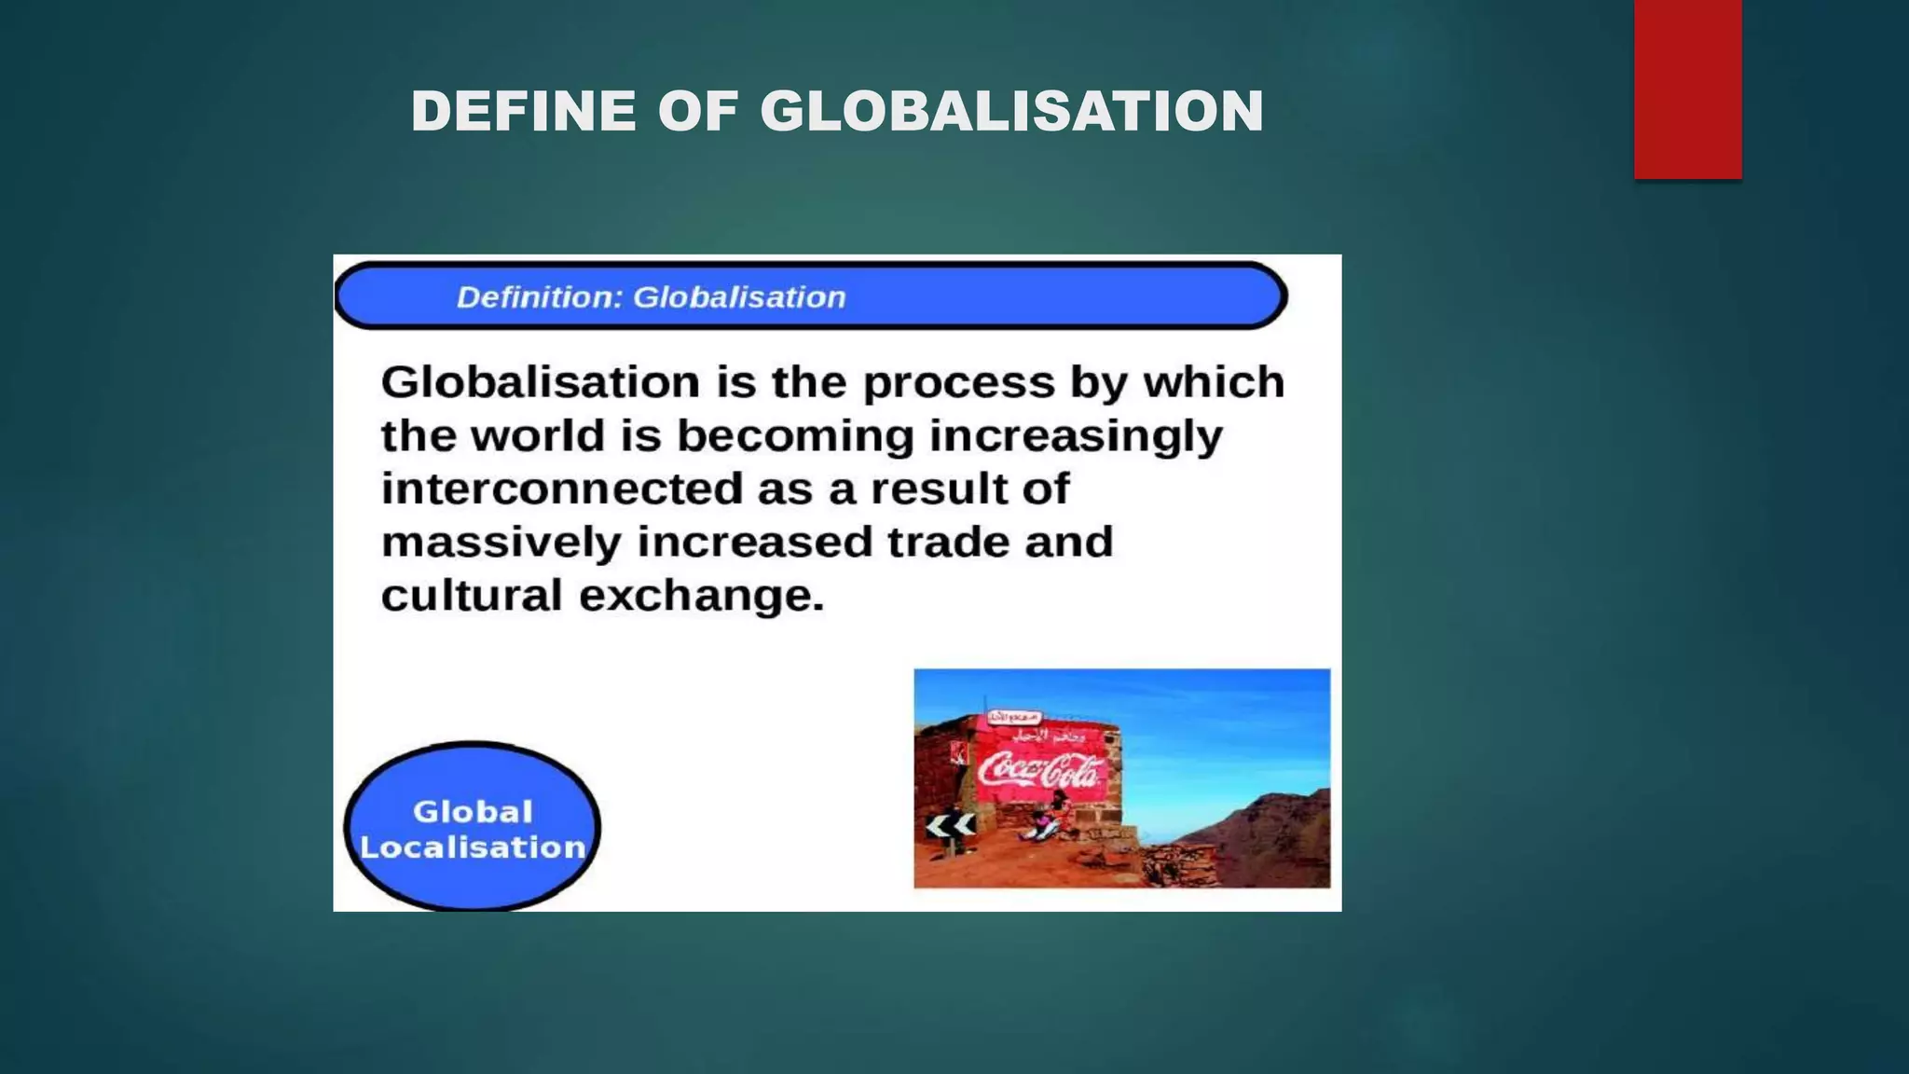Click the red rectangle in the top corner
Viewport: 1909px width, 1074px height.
coord(1687,89)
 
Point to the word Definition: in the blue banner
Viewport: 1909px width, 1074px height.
coord(539,297)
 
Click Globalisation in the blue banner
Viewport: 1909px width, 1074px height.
coord(739,297)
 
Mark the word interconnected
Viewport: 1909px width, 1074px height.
coord(561,489)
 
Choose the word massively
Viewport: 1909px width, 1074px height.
coord(501,543)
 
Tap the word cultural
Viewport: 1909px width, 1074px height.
coord(472,595)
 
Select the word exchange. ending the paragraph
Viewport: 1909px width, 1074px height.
coord(701,596)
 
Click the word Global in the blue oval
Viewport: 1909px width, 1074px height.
coord(473,811)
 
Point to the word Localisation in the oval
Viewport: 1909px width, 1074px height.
coord(473,847)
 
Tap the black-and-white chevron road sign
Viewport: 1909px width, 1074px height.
coord(950,825)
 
